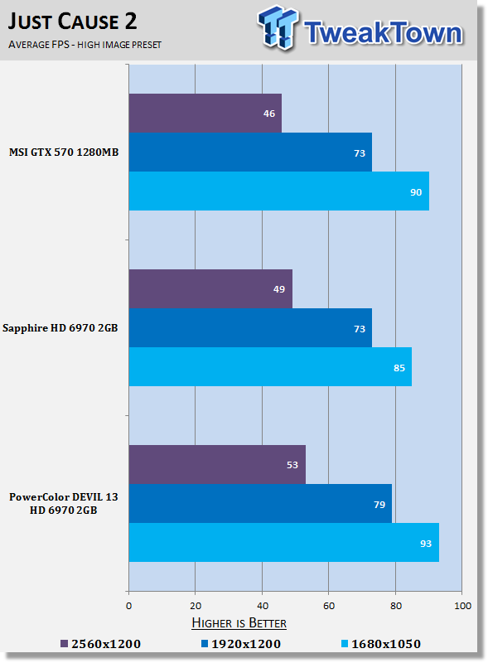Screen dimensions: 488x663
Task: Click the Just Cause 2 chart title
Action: pyautogui.click(x=72, y=22)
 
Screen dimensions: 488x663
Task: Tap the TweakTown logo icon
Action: pyautogui.click(x=278, y=27)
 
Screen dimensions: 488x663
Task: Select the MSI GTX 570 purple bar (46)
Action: pyautogui.click(x=205, y=113)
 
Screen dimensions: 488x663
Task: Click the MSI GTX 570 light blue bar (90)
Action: pyautogui.click(x=279, y=191)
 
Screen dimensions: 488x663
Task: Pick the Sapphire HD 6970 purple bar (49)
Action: pyautogui.click(x=210, y=288)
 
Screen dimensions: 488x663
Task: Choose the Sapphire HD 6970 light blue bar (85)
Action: pyautogui.click(x=270, y=366)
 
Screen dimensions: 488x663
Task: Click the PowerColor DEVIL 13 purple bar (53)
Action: pyautogui.click(x=217, y=464)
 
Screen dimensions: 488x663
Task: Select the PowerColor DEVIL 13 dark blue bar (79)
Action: pyautogui.click(x=260, y=504)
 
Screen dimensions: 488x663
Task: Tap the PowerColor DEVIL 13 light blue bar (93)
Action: pyautogui.click(x=283, y=543)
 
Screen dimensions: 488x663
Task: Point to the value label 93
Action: pyautogui.click(x=425, y=544)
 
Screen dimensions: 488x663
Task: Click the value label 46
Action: pyautogui.click(x=269, y=114)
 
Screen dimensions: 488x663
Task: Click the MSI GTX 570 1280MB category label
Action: pyautogui.click(x=64, y=152)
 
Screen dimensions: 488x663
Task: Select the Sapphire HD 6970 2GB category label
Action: pyautogui.click(x=60, y=328)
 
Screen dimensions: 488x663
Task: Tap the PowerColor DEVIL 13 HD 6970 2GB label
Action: pyautogui.click(x=64, y=503)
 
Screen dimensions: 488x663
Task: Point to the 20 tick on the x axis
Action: pyautogui.click(x=196, y=606)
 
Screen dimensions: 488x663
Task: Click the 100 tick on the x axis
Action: pyautogui.click(x=462, y=606)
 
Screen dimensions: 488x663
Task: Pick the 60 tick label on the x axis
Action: pyautogui.click(x=329, y=606)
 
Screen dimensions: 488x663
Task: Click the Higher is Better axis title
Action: pyautogui.click(x=239, y=623)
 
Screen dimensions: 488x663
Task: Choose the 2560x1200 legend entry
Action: pyautogui.click(x=100, y=644)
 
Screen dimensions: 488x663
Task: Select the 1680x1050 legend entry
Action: pyautogui.click(x=380, y=644)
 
